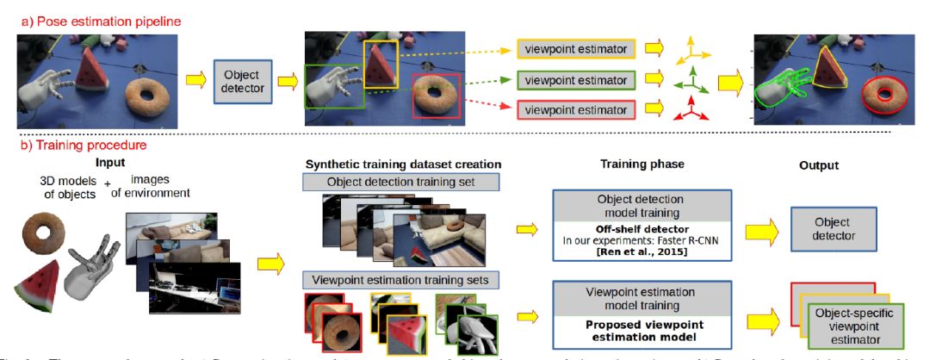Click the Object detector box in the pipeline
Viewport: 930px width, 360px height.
[x=242, y=82]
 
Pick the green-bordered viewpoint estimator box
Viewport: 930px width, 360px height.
[x=576, y=79]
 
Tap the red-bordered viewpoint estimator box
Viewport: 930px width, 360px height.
[x=576, y=110]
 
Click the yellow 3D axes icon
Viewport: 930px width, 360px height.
[x=695, y=50]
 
